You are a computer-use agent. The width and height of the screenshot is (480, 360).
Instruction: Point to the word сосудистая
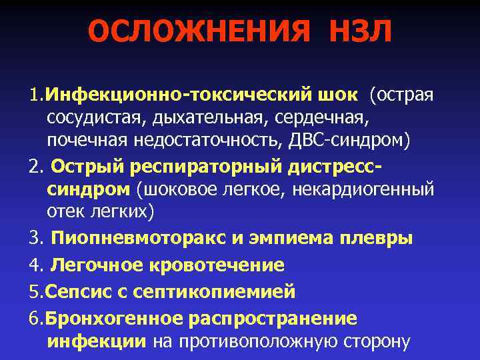(95, 118)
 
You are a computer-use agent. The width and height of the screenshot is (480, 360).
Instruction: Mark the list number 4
(35, 265)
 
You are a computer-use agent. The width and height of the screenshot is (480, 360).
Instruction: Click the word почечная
(92, 141)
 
